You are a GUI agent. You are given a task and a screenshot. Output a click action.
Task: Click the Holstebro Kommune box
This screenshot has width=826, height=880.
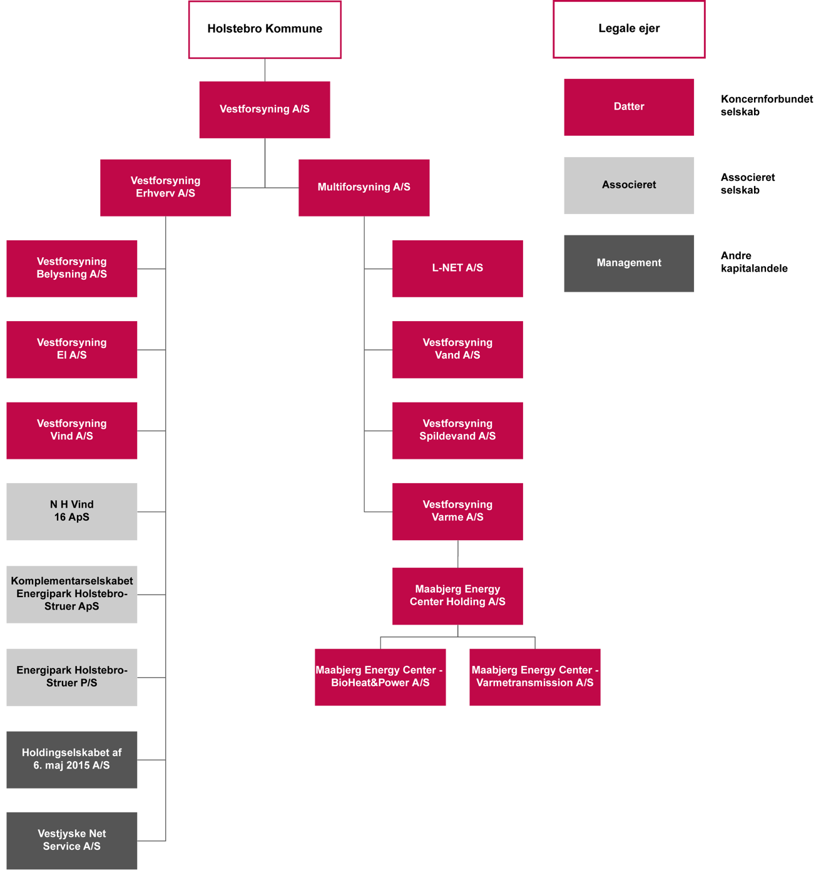(x=265, y=29)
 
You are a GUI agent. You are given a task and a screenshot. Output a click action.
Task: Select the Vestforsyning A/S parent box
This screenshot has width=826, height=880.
(x=265, y=110)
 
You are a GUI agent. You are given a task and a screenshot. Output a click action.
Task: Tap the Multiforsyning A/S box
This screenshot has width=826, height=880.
(x=364, y=188)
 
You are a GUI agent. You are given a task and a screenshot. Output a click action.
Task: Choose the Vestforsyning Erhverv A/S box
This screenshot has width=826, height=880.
(x=166, y=188)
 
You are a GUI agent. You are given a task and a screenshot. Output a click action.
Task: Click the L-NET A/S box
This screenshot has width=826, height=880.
(x=457, y=269)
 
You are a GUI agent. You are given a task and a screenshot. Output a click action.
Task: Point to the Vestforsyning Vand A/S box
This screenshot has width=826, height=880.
(x=457, y=349)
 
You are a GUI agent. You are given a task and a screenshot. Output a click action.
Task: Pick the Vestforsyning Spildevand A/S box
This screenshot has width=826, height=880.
(x=457, y=431)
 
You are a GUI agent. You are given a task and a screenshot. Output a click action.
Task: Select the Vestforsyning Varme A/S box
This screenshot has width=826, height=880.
(x=457, y=511)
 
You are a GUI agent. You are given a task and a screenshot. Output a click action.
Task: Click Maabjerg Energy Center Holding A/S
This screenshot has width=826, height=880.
(x=457, y=596)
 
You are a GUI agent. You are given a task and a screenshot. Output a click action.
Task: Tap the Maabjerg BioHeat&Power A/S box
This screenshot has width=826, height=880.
(x=380, y=677)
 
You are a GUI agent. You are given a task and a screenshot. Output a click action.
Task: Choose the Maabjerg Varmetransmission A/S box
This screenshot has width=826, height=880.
(x=535, y=677)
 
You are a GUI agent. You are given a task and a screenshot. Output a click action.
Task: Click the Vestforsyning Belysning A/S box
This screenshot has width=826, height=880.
(x=72, y=269)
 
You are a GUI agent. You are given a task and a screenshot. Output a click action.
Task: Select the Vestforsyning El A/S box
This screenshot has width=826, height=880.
(x=72, y=349)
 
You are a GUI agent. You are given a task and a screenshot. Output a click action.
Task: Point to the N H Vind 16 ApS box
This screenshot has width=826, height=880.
(x=72, y=511)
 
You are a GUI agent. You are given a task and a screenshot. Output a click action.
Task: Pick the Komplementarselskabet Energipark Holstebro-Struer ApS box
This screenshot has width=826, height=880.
(x=72, y=595)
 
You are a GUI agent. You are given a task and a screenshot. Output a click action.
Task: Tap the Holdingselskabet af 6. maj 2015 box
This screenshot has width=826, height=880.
(x=72, y=760)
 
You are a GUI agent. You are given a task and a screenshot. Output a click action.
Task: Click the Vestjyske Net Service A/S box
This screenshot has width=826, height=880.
(x=72, y=841)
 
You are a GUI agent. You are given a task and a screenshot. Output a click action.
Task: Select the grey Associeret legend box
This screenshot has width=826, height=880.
(x=629, y=185)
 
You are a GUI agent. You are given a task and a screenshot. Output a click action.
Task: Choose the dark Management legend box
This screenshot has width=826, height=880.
(x=629, y=263)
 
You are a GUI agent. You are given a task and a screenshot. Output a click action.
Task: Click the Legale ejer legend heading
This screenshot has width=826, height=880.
(x=629, y=29)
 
